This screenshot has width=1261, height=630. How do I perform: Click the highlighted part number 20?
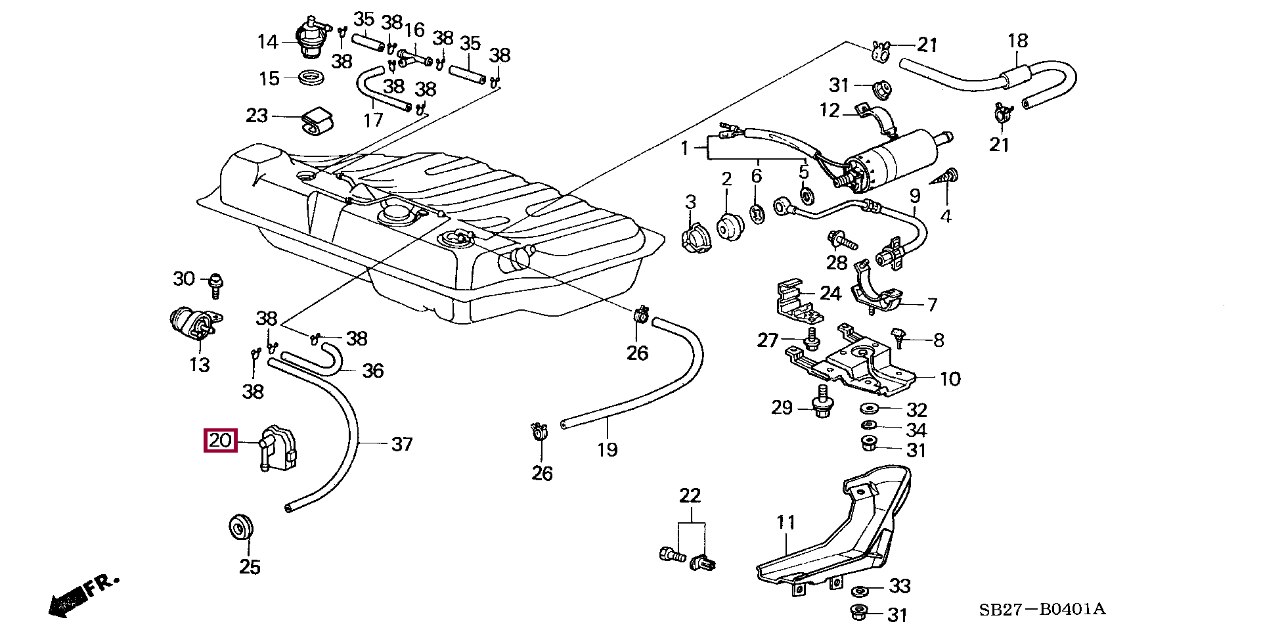[221, 440]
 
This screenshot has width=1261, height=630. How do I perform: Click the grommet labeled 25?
[240, 527]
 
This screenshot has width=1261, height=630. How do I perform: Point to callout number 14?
[268, 42]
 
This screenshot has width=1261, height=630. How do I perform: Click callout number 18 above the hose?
[1017, 41]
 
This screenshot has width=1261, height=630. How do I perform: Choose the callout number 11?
[785, 523]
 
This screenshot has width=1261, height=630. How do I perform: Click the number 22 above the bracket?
[690, 496]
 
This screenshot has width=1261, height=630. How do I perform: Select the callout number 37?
[401, 445]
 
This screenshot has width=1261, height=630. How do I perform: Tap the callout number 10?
[950, 378]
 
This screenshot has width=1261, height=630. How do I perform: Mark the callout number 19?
[608, 449]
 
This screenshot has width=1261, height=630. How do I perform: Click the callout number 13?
[199, 364]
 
